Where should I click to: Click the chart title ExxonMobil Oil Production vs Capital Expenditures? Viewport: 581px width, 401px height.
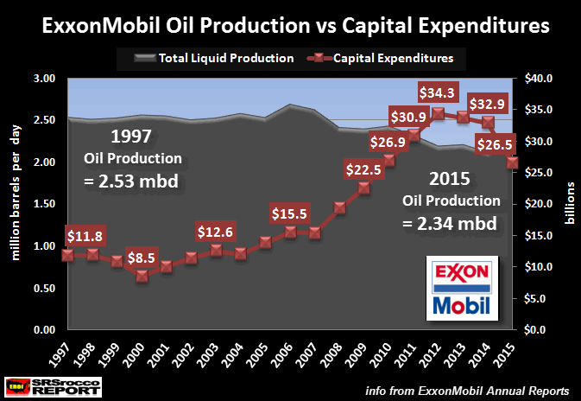[x=291, y=25]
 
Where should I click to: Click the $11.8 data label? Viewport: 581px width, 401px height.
[x=85, y=235]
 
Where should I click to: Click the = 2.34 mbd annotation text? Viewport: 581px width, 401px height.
[x=451, y=224]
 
